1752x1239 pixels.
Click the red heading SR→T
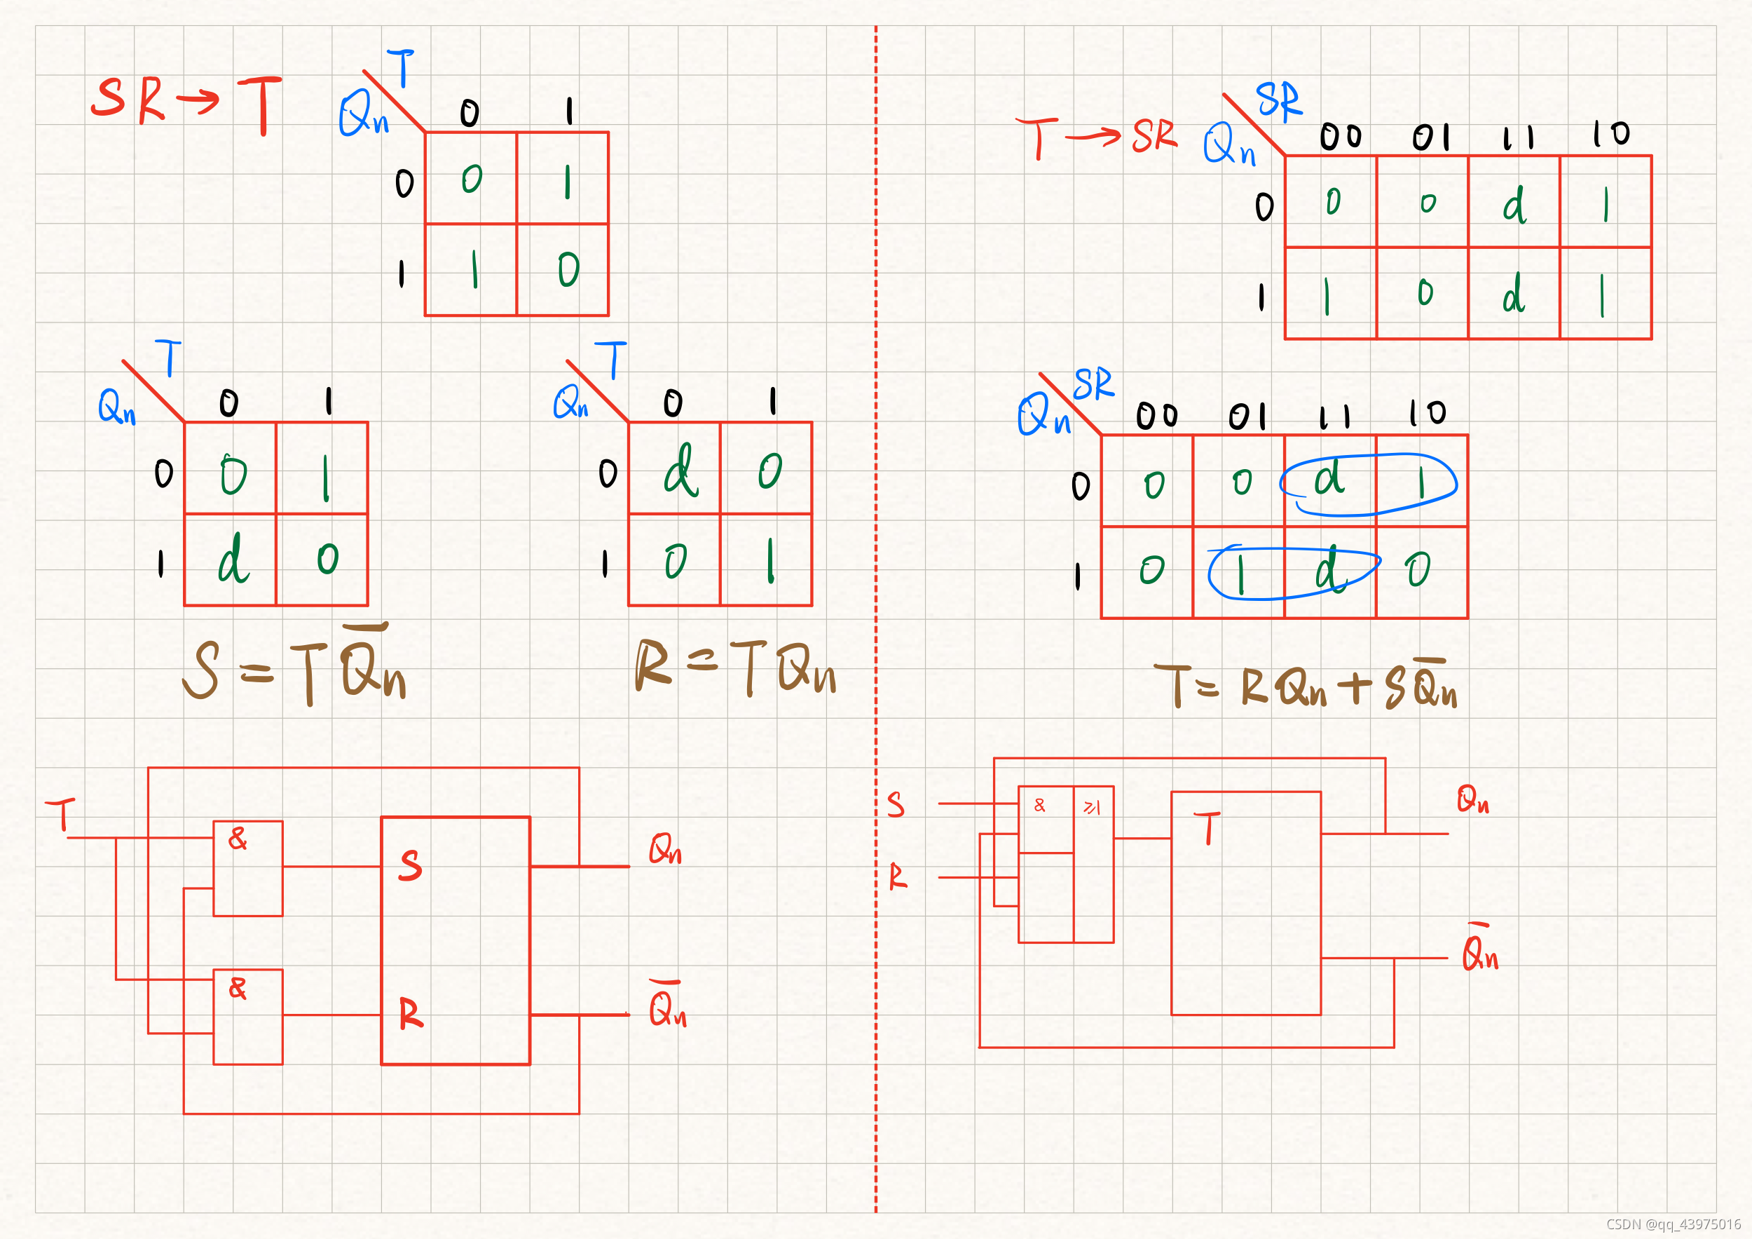(x=186, y=104)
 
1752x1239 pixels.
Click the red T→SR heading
(x=1096, y=137)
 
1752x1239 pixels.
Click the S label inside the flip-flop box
(x=411, y=865)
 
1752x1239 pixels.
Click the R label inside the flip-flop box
(x=411, y=1014)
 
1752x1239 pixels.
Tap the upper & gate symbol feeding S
(x=238, y=839)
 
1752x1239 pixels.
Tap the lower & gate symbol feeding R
(x=238, y=989)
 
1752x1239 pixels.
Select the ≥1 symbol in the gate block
(x=1093, y=808)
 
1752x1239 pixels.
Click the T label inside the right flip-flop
(x=1207, y=828)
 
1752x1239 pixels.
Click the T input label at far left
(x=61, y=814)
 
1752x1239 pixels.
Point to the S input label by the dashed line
(x=896, y=805)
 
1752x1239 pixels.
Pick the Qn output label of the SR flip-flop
(x=664, y=848)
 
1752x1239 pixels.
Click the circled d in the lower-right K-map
(x=1329, y=480)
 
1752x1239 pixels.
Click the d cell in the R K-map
(x=679, y=471)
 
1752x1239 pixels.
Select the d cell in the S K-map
(x=233, y=560)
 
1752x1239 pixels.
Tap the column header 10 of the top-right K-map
(x=1610, y=135)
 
